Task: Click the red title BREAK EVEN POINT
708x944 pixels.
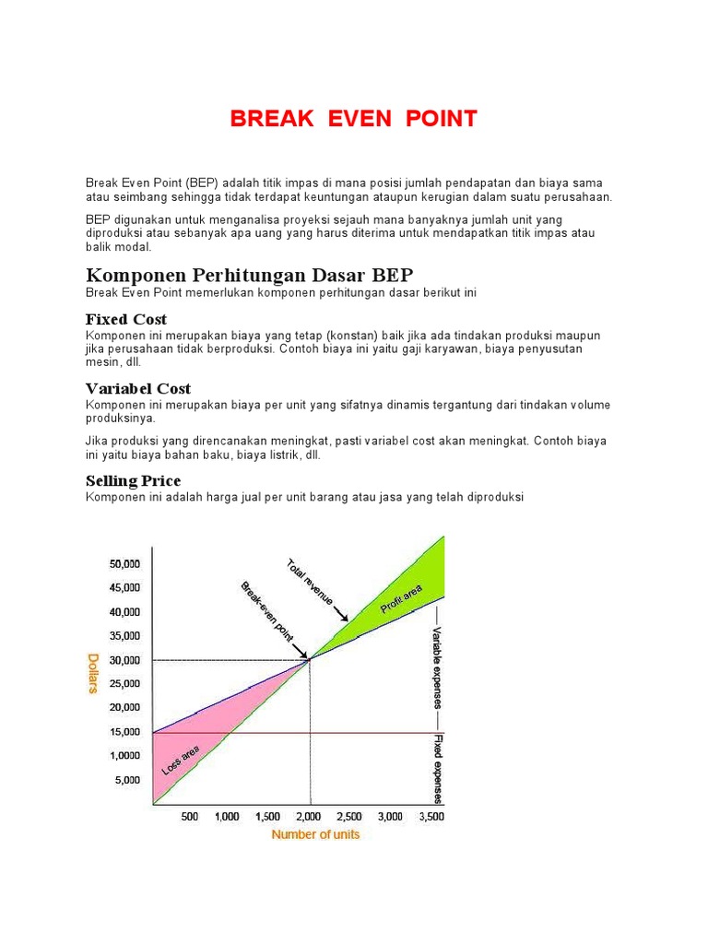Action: [x=353, y=119]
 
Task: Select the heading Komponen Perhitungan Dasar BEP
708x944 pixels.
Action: [x=250, y=275]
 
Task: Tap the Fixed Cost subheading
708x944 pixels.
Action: [x=126, y=319]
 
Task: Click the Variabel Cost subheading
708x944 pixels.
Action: [x=138, y=388]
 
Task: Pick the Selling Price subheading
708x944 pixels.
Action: [x=133, y=480]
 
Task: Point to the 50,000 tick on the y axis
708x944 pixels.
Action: [x=125, y=563]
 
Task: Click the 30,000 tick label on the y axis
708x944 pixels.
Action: [x=125, y=660]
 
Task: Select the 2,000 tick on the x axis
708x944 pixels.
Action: [x=309, y=817]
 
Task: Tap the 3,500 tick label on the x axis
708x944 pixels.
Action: [x=431, y=817]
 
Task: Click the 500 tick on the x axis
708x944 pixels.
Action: [x=190, y=817]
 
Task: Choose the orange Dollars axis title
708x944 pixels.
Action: [x=93, y=674]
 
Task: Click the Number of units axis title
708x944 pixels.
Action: [x=315, y=835]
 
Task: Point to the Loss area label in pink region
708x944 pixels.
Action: [x=181, y=761]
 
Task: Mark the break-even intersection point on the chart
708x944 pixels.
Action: [x=309, y=659]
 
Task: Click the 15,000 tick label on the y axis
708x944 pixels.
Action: [x=125, y=732]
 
